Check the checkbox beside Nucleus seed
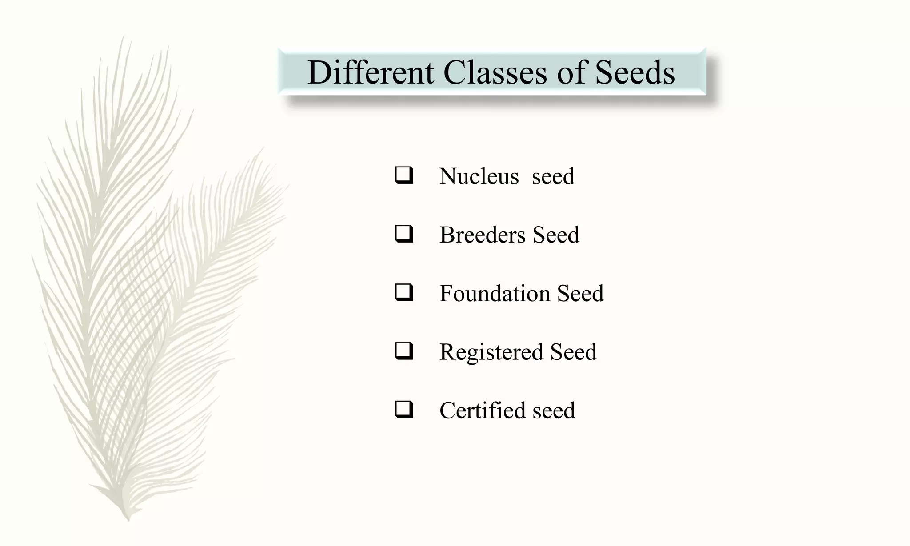(x=404, y=175)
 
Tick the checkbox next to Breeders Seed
(x=404, y=234)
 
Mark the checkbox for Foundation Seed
(x=404, y=293)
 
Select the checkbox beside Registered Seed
(x=404, y=351)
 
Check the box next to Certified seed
(x=404, y=410)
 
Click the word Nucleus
(x=479, y=176)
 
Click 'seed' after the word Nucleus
(x=553, y=176)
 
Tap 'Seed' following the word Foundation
(x=580, y=293)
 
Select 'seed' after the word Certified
(x=554, y=410)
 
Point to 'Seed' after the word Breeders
(x=556, y=235)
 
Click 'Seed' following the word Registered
(x=573, y=352)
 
